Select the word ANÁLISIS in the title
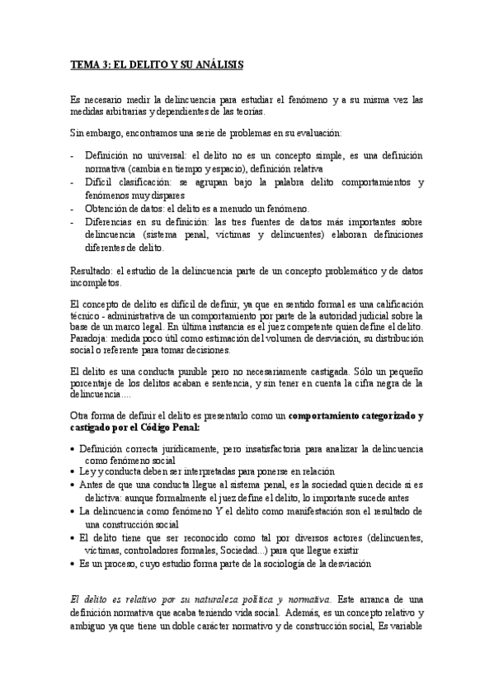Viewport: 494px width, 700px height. coord(217,64)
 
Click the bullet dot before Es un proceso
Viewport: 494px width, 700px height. coord(74,563)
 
